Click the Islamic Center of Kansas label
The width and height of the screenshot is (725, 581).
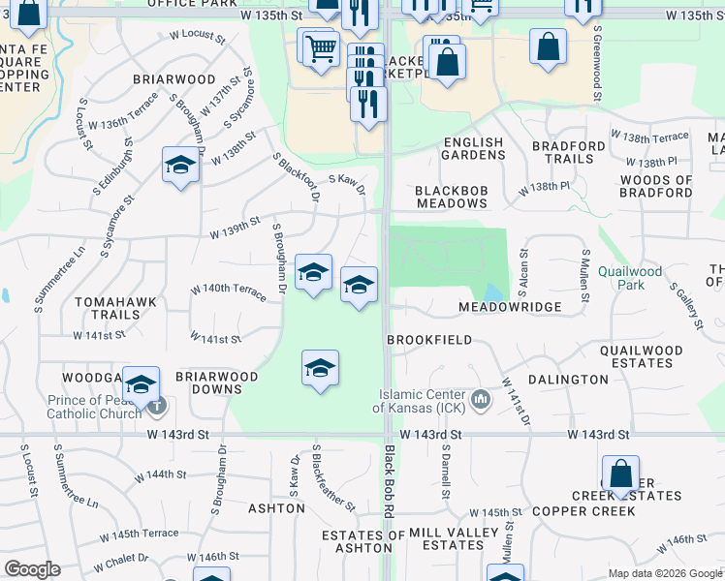[x=422, y=401]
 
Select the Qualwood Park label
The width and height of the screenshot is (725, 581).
[x=630, y=279]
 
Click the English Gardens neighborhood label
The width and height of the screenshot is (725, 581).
[x=473, y=149]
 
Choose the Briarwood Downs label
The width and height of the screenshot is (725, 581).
[x=216, y=382]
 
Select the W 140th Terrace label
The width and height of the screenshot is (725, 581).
[x=228, y=291]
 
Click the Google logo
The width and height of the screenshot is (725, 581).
[x=32, y=569]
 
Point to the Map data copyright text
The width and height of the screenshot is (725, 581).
[x=665, y=573]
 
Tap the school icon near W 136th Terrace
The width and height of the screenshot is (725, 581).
[x=180, y=166]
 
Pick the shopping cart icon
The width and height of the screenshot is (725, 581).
[x=321, y=49]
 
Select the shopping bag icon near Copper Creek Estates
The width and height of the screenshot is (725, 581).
[x=620, y=474]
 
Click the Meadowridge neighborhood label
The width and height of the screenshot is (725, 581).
[x=510, y=307]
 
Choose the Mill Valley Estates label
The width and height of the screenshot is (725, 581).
[x=446, y=539]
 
